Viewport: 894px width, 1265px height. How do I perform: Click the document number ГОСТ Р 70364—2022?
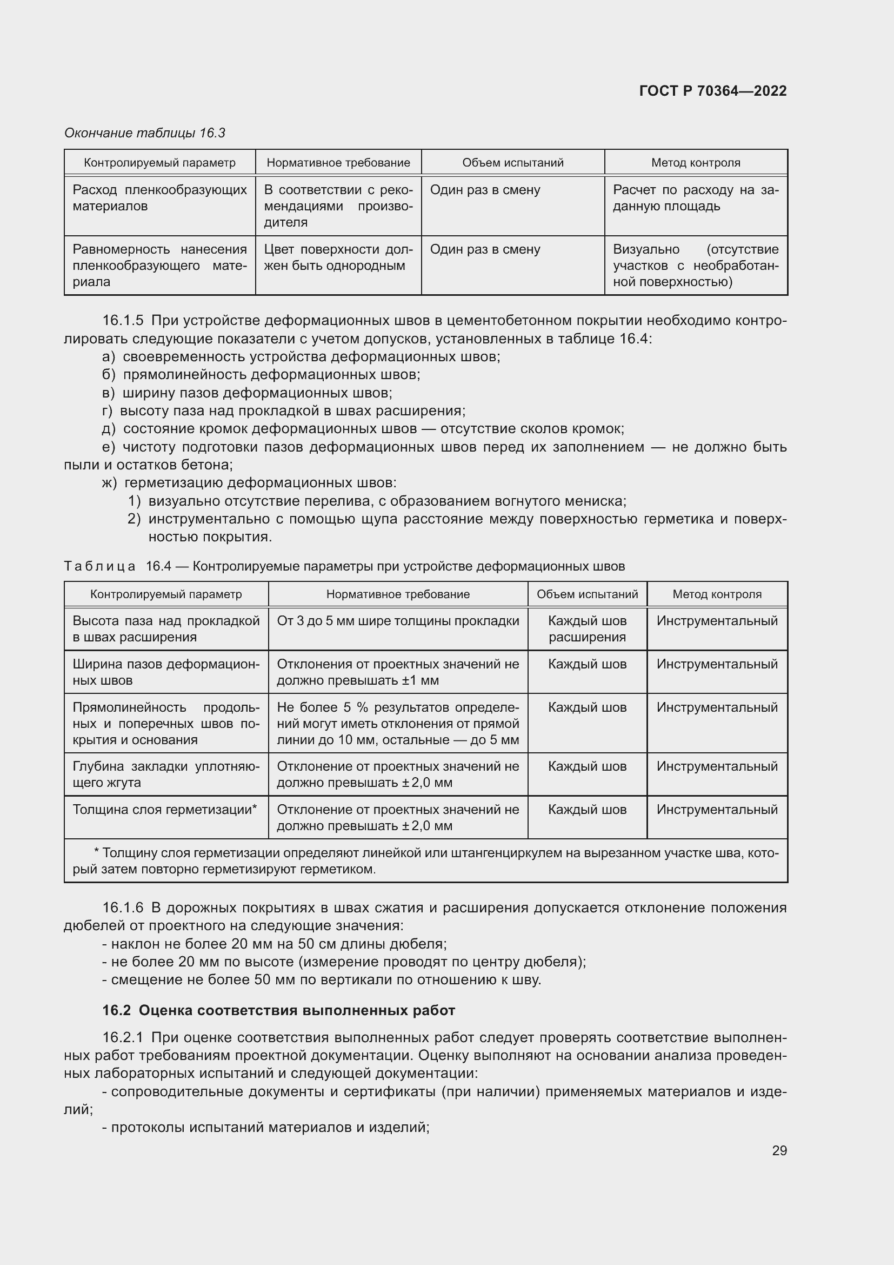(x=712, y=91)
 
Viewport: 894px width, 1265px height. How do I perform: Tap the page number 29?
(x=779, y=1150)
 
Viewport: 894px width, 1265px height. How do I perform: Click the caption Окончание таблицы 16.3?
(x=145, y=133)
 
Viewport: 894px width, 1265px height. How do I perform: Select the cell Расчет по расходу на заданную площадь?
(x=695, y=198)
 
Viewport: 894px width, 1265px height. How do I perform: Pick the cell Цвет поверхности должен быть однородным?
(x=338, y=258)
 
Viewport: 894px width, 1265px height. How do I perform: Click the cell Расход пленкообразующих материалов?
(x=159, y=198)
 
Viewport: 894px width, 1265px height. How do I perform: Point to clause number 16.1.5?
(x=123, y=321)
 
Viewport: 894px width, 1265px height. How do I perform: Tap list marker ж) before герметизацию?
(x=110, y=483)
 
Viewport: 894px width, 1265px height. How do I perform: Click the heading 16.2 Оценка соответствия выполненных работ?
(x=278, y=1010)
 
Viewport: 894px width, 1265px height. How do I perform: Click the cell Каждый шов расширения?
(x=587, y=629)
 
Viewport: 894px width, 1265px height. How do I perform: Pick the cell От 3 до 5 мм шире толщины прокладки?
(x=397, y=621)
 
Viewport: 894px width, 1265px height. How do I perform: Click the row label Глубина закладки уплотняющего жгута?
(x=166, y=774)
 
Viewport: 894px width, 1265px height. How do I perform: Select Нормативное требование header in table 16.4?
(x=397, y=594)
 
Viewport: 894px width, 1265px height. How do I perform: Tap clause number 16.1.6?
(x=123, y=908)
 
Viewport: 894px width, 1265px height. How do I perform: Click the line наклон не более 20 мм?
(x=274, y=944)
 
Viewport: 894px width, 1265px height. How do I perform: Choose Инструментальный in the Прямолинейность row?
(x=717, y=707)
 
